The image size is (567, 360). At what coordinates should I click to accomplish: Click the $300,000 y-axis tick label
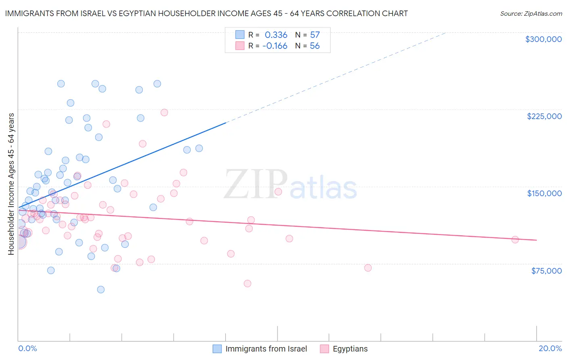click(x=543, y=39)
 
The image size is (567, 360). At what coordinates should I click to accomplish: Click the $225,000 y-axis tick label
click(x=544, y=116)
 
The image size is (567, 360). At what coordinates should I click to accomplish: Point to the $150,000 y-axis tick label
click(x=544, y=193)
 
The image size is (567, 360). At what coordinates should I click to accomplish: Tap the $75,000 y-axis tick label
click(x=546, y=271)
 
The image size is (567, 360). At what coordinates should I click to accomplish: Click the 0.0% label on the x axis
click(x=27, y=348)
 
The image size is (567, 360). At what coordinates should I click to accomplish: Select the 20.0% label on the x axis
click(x=550, y=348)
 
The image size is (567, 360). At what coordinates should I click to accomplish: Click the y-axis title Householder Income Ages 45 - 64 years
click(x=11, y=184)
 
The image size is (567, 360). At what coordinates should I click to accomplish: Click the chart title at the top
click(x=206, y=13)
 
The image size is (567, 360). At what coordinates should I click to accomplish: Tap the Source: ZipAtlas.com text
click(x=531, y=13)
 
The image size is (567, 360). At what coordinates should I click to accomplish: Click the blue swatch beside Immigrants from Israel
click(x=217, y=349)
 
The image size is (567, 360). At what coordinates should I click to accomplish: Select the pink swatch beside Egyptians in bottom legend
click(x=324, y=349)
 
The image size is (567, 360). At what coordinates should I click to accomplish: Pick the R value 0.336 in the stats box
click(x=276, y=35)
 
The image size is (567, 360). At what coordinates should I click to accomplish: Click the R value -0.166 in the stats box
click(x=275, y=46)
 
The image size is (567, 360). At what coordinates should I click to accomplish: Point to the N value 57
click(x=315, y=35)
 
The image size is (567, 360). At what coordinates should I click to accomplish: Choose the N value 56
click(x=315, y=46)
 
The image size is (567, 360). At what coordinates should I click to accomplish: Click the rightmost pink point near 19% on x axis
click(x=515, y=240)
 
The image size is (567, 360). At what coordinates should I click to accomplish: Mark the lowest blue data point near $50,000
click(x=101, y=289)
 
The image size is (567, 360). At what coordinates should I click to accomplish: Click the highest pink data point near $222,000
click(x=164, y=113)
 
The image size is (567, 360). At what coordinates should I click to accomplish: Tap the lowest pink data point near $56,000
click(x=248, y=283)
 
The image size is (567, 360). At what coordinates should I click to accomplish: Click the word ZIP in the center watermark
click(x=255, y=184)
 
